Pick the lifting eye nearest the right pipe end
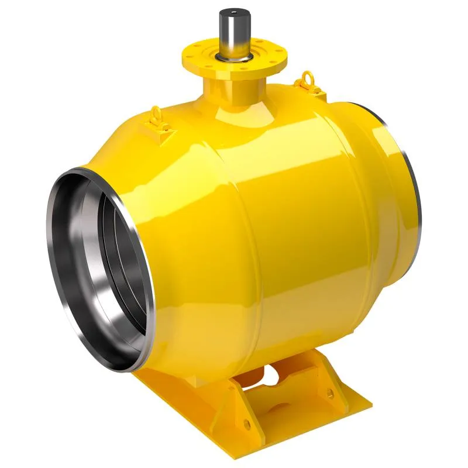pos(307,78)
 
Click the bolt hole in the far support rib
pos(331,393)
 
